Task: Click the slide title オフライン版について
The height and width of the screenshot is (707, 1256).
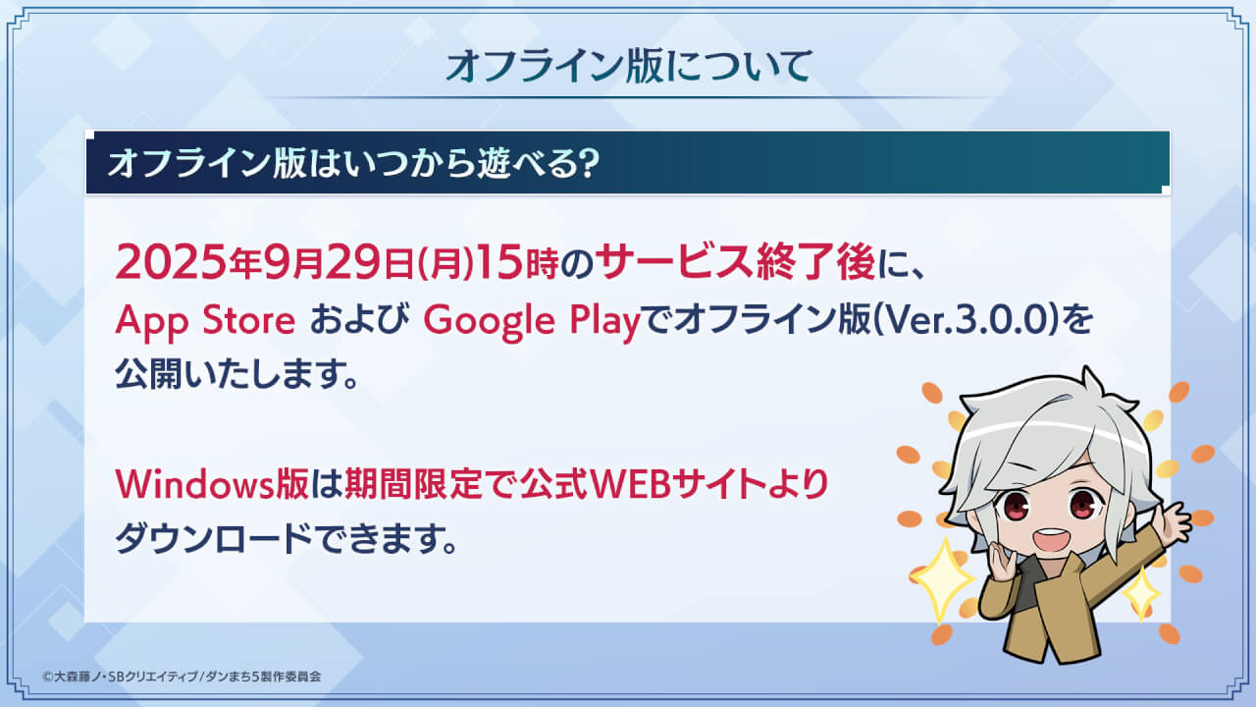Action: click(629, 66)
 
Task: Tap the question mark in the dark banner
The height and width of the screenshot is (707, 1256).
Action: click(588, 164)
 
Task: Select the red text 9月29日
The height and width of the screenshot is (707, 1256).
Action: click(339, 262)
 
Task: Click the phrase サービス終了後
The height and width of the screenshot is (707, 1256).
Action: click(735, 262)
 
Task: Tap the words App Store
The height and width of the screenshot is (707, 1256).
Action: click(205, 320)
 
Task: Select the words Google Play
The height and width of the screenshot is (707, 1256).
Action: click(531, 321)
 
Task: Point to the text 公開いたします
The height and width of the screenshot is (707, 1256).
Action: click(236, 373)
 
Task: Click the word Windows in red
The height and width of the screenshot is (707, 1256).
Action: click(194, 484)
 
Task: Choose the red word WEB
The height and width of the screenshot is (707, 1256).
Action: click(629, 484)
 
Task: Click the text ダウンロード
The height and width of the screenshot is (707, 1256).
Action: click(214, 538)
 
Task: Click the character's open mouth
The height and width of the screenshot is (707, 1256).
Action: click(1052, 540)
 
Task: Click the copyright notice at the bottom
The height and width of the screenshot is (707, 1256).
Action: click(182, 677)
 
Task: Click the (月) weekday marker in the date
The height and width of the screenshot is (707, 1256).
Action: click(445, 262)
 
